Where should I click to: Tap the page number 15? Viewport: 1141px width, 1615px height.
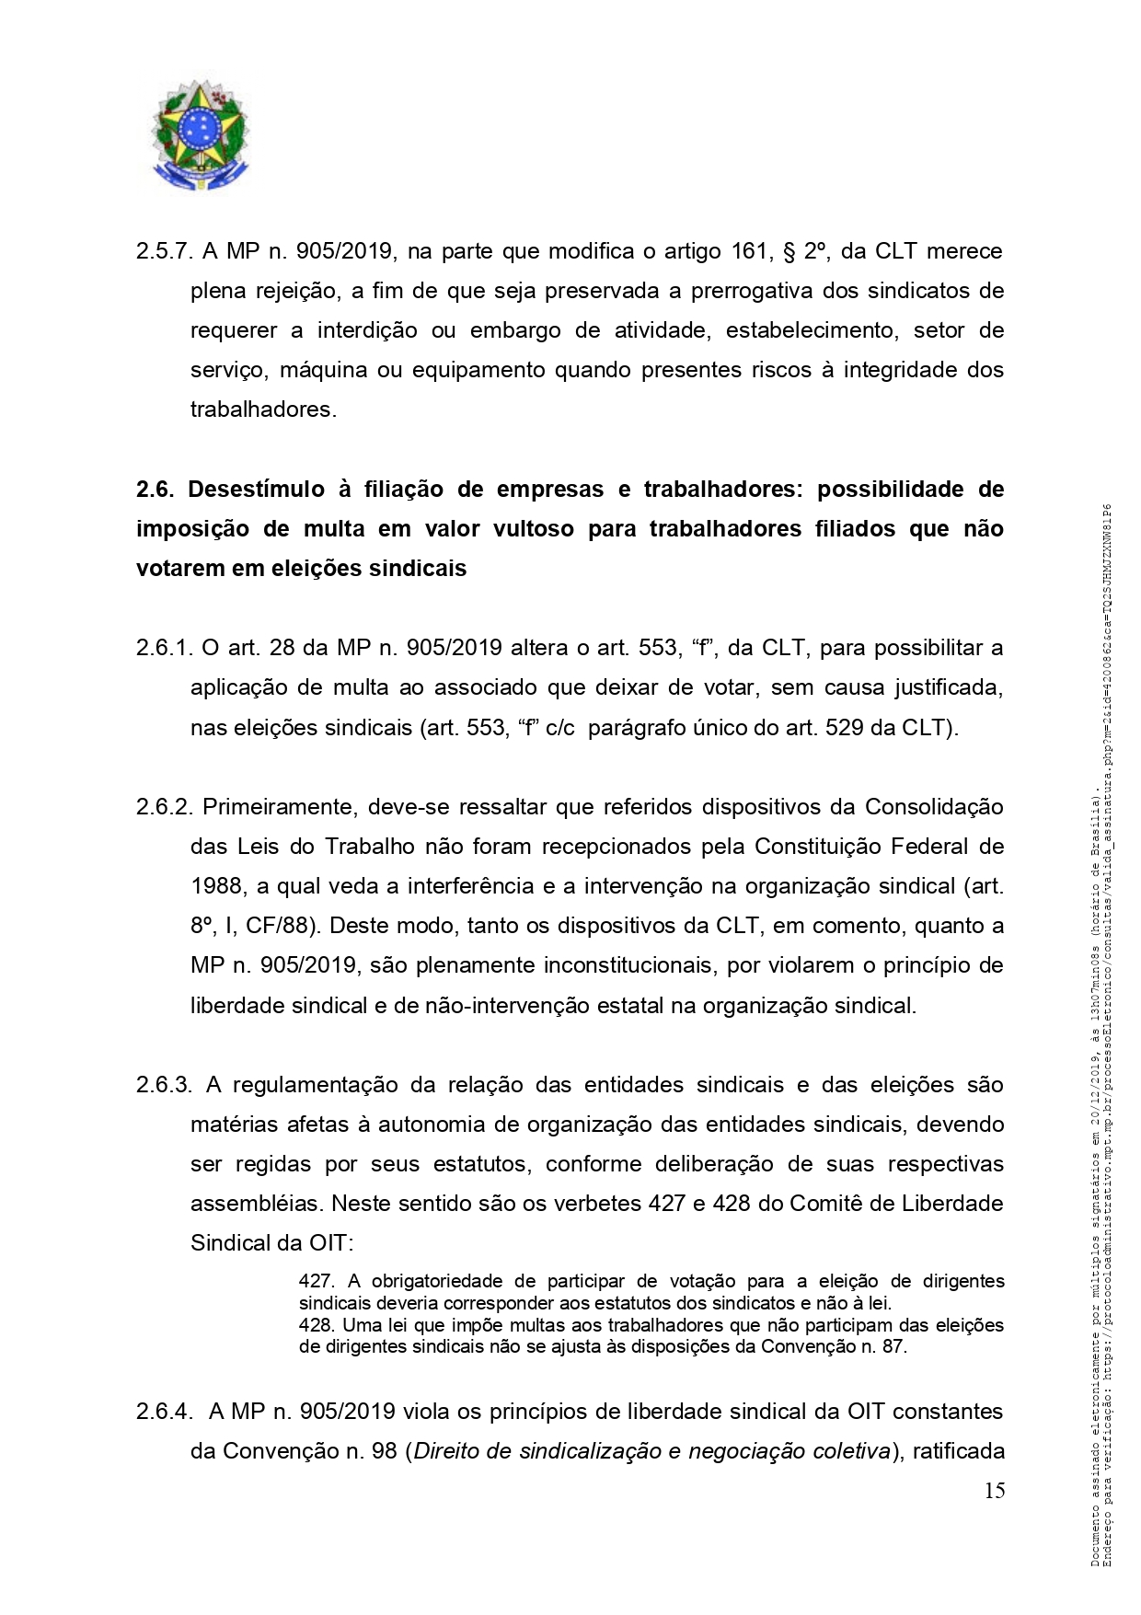pyautogui.click(x=994, y=1491)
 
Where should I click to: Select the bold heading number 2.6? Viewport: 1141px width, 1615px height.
pyautogui.click(x=156, y=490)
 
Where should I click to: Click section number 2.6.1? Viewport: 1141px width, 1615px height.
pyautogui.click(x=164, y=648)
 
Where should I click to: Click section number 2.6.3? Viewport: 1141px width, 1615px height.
pyautogui.click(x=164, y=1085)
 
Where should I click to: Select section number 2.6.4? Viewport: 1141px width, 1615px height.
pyautogui.click(x=164, y=1412)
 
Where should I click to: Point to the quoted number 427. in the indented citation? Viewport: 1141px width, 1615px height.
pyautogui.click(x=317, y=1281)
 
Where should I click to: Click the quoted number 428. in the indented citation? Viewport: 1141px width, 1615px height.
pyautogui.click(x=317, y=1326)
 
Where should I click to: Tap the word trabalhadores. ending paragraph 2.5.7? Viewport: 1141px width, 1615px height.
pyautogui.click(x=263, y=410)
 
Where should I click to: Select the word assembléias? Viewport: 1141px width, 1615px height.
pyautogui.click(x=255, y=1204)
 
